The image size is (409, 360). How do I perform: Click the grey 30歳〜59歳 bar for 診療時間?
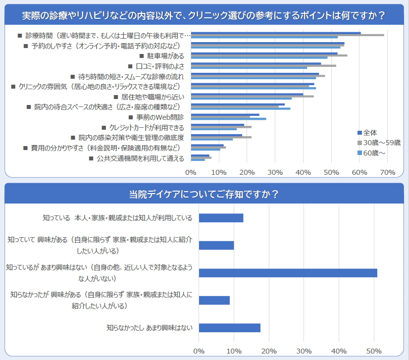click(287, 35)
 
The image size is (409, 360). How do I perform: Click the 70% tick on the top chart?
click(388, 172)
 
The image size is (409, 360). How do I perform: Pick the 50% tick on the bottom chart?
click(374, 352)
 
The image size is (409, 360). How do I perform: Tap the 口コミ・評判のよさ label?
click(155, 66)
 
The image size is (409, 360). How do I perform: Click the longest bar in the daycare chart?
click(288, 273)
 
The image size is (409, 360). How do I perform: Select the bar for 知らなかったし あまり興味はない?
click(229, 328)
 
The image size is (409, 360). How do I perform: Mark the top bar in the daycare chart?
click(221, 218)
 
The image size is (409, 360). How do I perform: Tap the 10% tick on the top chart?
click(219, 172)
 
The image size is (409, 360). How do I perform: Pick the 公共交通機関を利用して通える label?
click(141, 158)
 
